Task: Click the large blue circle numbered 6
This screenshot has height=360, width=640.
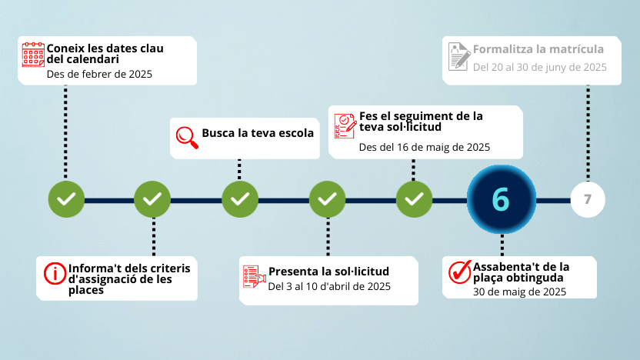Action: tap(501, 199)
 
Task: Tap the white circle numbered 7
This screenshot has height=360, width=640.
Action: tap(588, 199)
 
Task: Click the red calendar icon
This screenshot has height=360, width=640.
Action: tap(33, 55)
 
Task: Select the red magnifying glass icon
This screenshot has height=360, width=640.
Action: tap(185, 135)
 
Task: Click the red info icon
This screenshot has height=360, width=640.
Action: tap(55, 272)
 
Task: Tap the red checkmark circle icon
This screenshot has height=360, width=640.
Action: tap(459, 272)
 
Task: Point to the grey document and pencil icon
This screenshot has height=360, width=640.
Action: tap(459, 56)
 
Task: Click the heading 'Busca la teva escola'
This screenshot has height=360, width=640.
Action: tap(258, 133)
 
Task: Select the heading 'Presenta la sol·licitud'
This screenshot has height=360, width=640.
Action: tap(328, 271)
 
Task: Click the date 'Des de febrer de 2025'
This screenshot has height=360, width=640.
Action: tap(99, 75)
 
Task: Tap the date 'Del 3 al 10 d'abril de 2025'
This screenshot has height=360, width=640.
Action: tap(329, 286)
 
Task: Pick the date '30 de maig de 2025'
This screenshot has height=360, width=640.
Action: tap(519, 292)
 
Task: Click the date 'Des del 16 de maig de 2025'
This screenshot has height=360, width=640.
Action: tap(425, 146)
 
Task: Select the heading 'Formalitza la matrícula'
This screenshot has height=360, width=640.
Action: tap(538, 49)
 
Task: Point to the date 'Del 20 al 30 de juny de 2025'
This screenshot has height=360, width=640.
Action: tap(540, 67)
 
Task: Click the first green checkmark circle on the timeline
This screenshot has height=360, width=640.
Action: tap(66, 199)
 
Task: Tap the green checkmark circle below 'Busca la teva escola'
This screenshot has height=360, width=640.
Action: tap(240, 199)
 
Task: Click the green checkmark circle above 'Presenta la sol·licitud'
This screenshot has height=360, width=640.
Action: tap(328, 199)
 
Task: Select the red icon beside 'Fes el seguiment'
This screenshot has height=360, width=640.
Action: tap(345, 125)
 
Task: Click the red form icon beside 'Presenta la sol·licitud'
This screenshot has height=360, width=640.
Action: tap(253, 277)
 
